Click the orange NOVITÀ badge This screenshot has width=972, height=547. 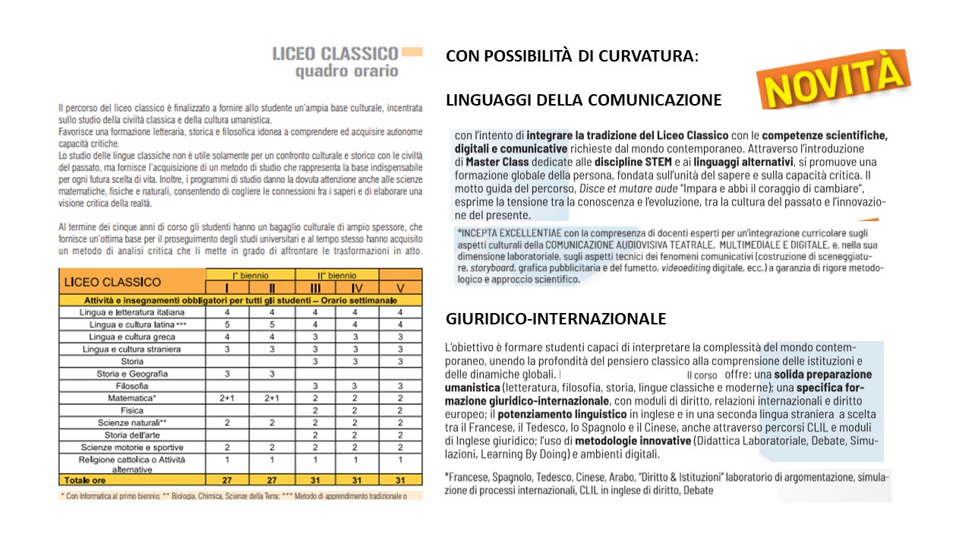tap(834, 79)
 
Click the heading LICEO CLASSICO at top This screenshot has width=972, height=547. tap(335, 54)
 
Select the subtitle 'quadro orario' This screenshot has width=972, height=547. tap(346, 71)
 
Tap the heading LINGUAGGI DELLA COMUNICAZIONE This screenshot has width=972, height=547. tap(583, 100)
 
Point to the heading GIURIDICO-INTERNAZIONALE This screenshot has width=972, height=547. tap(556, 318)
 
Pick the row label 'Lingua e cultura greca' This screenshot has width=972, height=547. tap(132, 337)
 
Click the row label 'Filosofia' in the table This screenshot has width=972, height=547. tap(132, 386)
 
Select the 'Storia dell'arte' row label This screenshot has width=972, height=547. tap(132, 435)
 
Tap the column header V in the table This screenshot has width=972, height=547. tap(400, 288)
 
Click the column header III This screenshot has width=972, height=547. tap(314, 288)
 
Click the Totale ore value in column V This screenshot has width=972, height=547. tap(400, 479)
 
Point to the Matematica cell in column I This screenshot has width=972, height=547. tap(227, 398)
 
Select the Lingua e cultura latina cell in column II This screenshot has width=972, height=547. tap(271, 324)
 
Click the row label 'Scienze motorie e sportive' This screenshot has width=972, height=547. tap(132, 447)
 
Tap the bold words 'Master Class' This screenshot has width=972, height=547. tap(496, 162)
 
